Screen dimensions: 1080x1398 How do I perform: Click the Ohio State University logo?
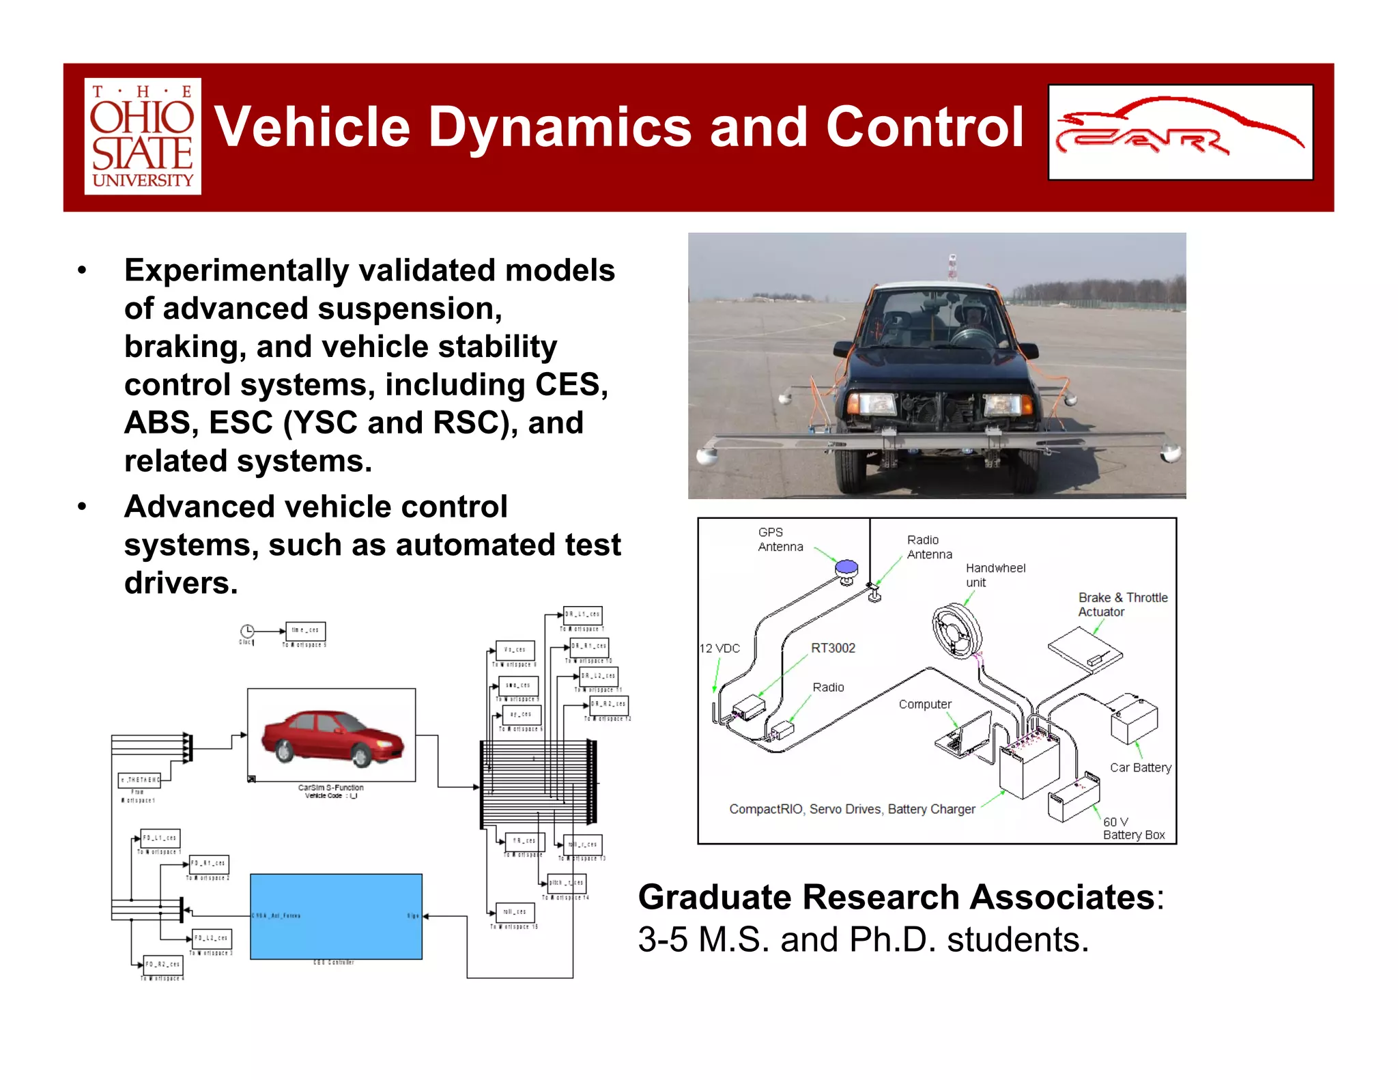click(143, 137)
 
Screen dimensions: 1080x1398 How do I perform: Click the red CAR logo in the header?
click(1180, 132)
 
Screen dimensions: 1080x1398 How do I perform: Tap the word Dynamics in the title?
click(560, 128)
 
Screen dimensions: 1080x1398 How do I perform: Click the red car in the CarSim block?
click(332, 737)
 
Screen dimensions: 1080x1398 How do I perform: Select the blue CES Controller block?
click(336, 916)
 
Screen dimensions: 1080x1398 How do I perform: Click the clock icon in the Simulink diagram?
click(247, 631)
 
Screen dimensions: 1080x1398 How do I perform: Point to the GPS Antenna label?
click(780, 539)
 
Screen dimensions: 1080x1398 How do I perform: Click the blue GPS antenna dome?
click(846, 567)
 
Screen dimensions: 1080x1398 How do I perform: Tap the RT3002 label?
click(833, 648)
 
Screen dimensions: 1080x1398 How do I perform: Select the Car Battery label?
click(1140, 767)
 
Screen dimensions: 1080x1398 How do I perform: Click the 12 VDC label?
click(719, 648)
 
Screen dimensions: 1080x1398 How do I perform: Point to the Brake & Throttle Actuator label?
click(1122, 604)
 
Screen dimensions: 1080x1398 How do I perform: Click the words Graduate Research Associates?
click(896, 897)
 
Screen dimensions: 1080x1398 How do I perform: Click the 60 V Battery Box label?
click(1133, 828)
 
